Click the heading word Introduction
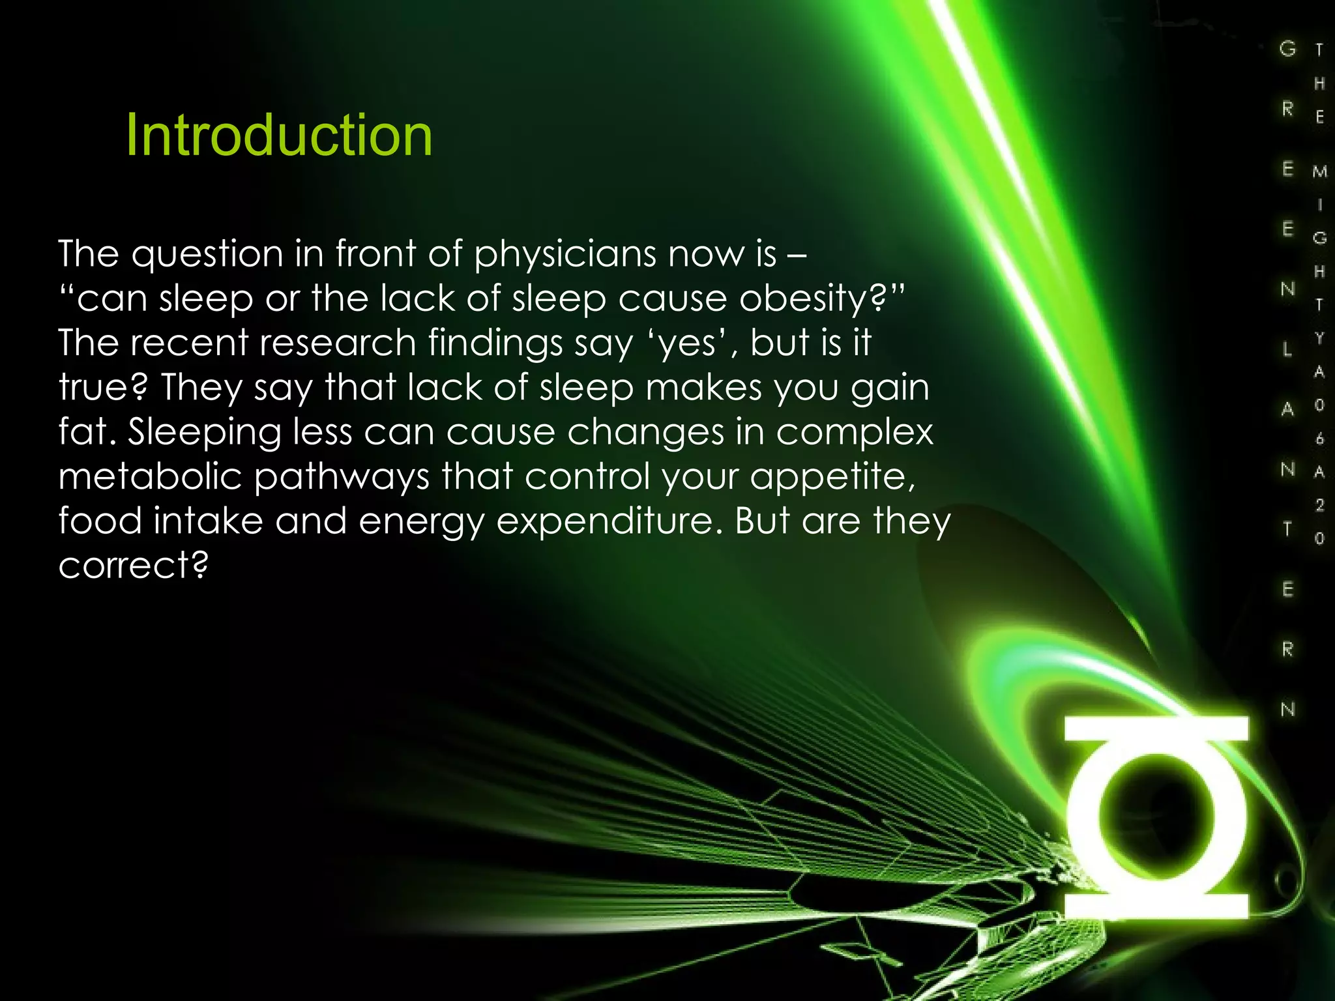pyautogui.click(x=279, y=136)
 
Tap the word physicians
pyautogui.click(x=565, y=254)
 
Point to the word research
pyautogui.click(x=338, y=343)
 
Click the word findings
pyautogui.click(x=495, y=344)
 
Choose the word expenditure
pyautogui.click(x=609, y=522)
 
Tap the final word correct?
pyautogui.click(x=134, y=565)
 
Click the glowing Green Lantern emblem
pyautogui.click(x=1156, y=817)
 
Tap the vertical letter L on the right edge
pyautogui.click(x=1287, y=349)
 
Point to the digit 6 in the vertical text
pyautogui.click(x=1319, y=439)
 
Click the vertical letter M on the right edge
pyautogui.click(x=1319, y=171)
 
